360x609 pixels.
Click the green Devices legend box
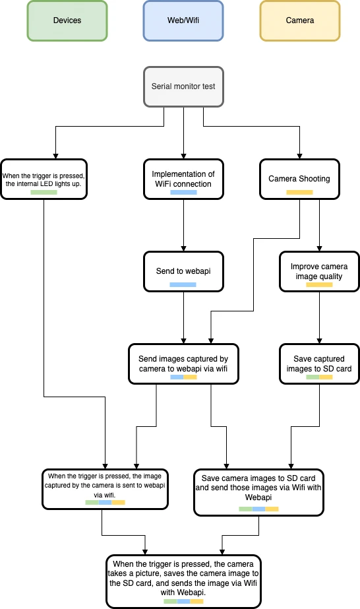click(67, 20)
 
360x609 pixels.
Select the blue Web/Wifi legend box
click(183, 20)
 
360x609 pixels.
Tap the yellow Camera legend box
click(300, 20)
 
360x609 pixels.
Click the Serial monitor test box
click(183, 86)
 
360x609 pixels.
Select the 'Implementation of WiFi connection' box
click(183, 179)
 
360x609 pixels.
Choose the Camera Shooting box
click(299, 179)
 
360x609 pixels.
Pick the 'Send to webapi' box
click(183, 271)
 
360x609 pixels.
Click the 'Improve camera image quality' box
click(319, 271)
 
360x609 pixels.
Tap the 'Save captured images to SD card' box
click(319, 364)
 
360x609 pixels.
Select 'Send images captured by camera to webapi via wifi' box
click(183, 364)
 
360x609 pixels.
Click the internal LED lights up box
click(44, 179)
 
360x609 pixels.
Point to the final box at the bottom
click(183, 581)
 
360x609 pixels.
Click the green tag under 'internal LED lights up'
click(44, 192)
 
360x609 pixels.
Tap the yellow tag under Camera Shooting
click(299, 192)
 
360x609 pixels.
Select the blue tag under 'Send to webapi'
click(183, 284)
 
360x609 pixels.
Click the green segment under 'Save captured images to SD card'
click(313, 377)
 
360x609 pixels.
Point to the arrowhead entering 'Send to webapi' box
click(183, 249)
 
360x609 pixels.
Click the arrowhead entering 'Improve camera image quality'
click(319, 249)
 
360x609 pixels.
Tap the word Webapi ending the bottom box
click(192, 593)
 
